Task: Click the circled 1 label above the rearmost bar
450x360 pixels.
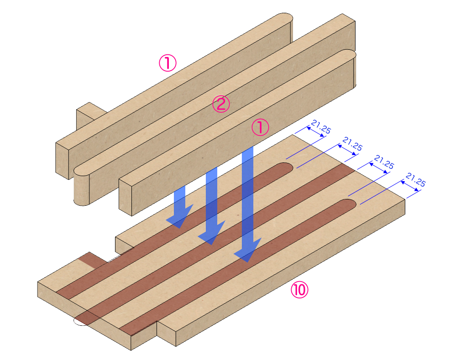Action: [x=167, y=63]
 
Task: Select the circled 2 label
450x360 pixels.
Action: [x=221, y=104]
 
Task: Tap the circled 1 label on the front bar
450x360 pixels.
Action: [x=261, y=128]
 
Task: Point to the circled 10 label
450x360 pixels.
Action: [x=300, y=290]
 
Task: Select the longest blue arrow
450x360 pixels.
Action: [x=247, y=205]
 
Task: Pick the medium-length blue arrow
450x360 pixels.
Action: [x=211, y=205]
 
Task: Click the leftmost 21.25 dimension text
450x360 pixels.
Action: [x=320, y=127]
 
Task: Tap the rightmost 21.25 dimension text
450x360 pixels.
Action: [x=415, y=179]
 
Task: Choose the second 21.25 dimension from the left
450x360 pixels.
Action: [x=352, y=145]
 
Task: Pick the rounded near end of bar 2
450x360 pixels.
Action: [x=82, y=187]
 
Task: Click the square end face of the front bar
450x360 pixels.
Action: [x=125, y=197]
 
